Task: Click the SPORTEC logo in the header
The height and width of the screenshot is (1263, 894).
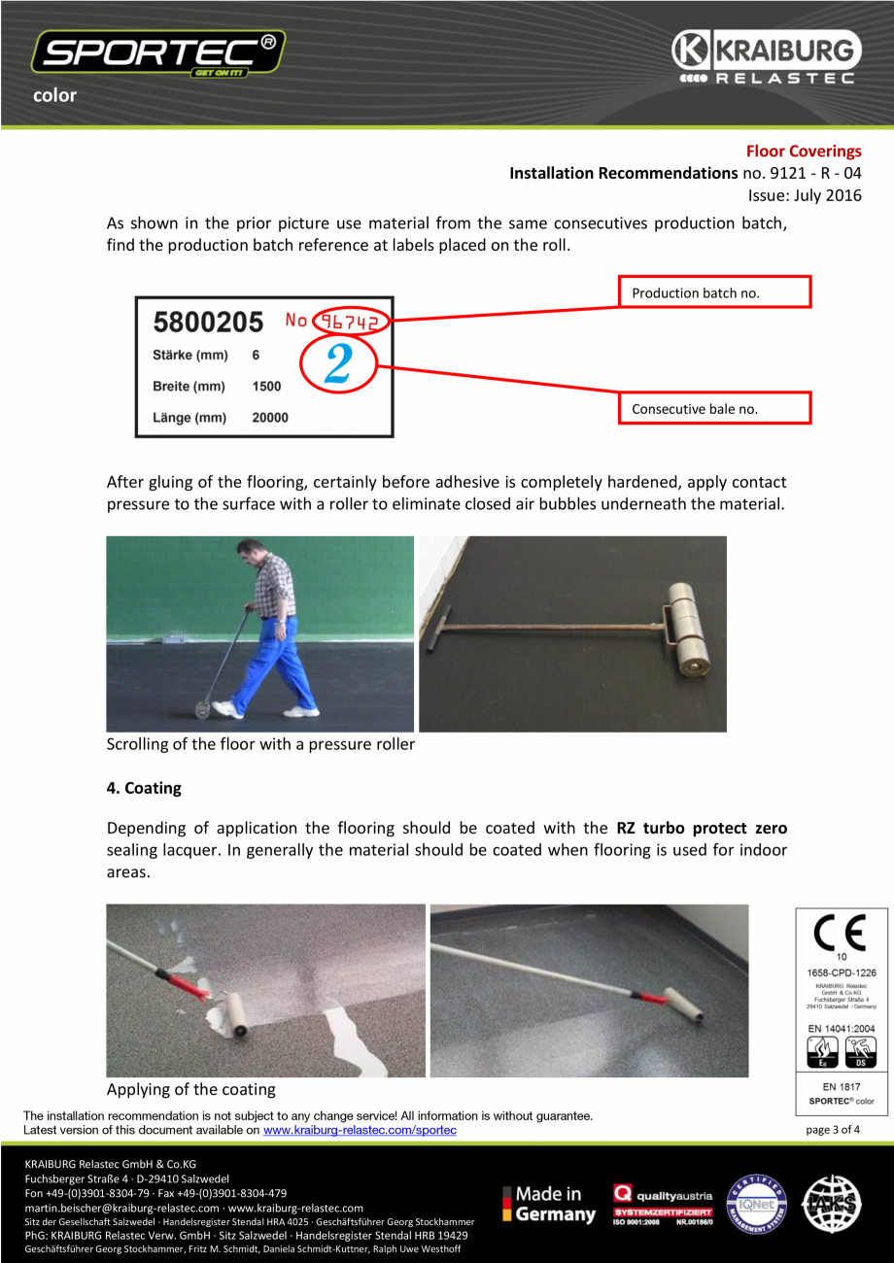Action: pyautogui.click(x=158, y=52)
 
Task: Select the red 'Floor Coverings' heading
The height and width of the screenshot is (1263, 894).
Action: pyautogui.click(x=803, y=152)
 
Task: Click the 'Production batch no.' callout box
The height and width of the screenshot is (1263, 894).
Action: pyautogui.click(x=714, y=292)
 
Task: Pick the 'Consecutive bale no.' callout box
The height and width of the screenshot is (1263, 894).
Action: pyautogui.click(x=714, y=409)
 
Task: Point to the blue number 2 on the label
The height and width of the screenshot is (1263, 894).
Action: pyautogui.click(x=337, y=364)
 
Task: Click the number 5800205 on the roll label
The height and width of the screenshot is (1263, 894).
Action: pyautogui.click(x=208, y=322)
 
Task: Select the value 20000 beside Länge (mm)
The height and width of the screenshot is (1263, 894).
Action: pyautogui.click(x=270, y=418)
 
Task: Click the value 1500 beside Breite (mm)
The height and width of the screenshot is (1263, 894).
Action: pyautogui.click(x=266, y=387)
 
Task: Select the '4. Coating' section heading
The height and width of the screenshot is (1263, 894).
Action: pyautogui.click(x=144, y=788)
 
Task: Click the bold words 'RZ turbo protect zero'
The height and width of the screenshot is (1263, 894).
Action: pyautogui.click(x=702, y=829)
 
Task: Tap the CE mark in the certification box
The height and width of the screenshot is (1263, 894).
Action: pyautogui.click(x=842, y=934)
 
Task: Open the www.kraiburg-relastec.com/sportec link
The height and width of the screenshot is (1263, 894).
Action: pyautogui.click(x=360, y=1130)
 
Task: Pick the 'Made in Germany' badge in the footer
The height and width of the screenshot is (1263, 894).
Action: pyautogui.click(x=549, y=1204)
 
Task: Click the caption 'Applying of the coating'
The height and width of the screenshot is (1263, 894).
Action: pyautogui.click(x=190, y=1089)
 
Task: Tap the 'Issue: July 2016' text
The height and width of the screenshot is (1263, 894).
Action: pyautogui.click(x=804, y=194)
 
